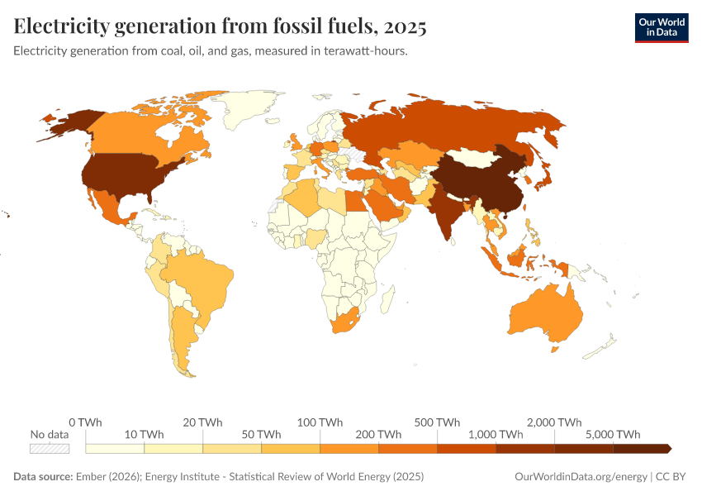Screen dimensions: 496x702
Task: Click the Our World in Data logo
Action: coord(661,27)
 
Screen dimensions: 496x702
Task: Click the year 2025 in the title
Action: coord(404,26)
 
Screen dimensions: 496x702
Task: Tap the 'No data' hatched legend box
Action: coord(50,448)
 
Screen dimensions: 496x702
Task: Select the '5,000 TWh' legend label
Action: coord(614,435)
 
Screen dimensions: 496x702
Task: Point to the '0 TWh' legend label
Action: coord(85,422)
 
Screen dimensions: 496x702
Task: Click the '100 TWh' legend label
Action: coord(320,422)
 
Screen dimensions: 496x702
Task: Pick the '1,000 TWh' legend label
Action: coord(496,435)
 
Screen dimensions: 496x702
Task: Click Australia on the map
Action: coord(545,318)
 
